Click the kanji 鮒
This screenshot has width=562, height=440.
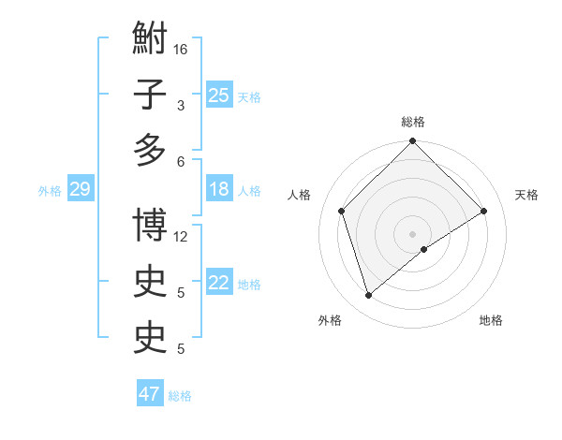pyautogui.click(x=151, y=40)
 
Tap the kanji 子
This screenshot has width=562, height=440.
pyautogui.click(x=151, y=95)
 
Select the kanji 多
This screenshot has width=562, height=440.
pyautogui.click(x=151, y=150)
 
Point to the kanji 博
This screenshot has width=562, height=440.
pyautogui.click(x=151, y=226)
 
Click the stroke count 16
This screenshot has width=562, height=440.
pyautogui.click(x=181, y=49)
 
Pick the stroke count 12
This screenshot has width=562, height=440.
pyautogui.click(x=181, y=236)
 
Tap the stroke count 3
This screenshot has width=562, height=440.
pyautogui.click(x=181, y=105)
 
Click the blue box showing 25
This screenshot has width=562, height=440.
pyautogui.click(x=218, y=95)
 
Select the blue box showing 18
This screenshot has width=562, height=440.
pyautogui.click(x=218, y=189)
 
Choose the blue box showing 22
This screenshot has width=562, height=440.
pyautogui.click(x=218, y=283)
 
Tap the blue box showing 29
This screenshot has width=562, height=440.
pyautogui.click(x=80, y=190)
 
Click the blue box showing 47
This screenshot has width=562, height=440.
pyautogui.click(x=150, y=394)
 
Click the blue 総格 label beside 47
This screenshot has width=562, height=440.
pyautogui.click(x=180, y=396)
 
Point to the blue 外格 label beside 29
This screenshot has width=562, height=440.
pyautogui.click(x=50, y=191)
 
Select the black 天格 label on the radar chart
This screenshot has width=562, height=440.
pyautogui.click(x=526, y=195)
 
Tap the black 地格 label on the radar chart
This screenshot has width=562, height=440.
pyautogui.click(x=491, y=320)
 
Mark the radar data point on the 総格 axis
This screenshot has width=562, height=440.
pyautogui.click(x=413, y=142)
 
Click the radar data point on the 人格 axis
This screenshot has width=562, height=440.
pyautogui.click(x=342, y=211)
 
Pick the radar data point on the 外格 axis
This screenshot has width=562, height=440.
pyautogui.click(x=368, y=296)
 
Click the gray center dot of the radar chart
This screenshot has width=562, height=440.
pyautogui.click(x=413, y=233)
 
